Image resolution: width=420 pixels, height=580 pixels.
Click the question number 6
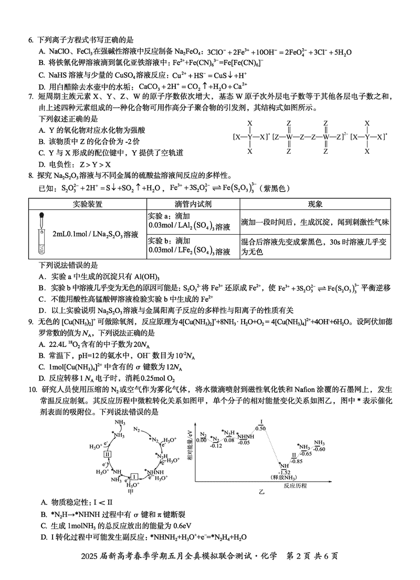point(30,39)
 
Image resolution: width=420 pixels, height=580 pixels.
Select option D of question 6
point(42,86)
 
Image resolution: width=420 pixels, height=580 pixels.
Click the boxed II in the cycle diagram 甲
point(107,454)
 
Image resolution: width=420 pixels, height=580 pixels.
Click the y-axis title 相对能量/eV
point(190,445)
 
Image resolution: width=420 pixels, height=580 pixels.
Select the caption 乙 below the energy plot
point(261,494)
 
